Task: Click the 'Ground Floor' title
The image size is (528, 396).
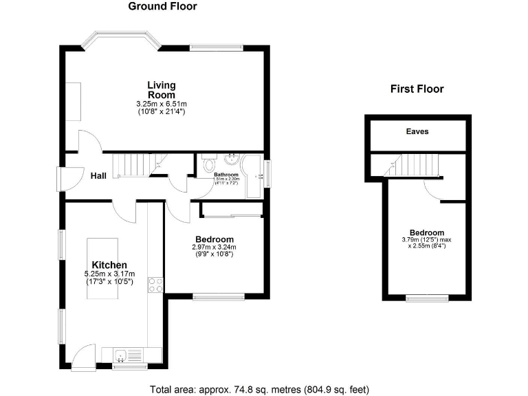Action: click(x=162, y=7)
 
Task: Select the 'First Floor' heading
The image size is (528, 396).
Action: click(x=417, y=89)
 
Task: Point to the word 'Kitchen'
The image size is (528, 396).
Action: click(x=109, y=265)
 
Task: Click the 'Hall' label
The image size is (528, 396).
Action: click(x=98, y=176)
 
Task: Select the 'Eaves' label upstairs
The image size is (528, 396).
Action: click(x=417, y=131)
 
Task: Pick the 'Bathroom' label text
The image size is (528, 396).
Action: click(x=226, y=175)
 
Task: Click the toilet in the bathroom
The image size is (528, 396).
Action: click(x=210, y=164)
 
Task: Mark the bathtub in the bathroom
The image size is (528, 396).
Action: click(x=254, y=175)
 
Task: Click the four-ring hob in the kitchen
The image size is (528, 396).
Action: click(x=155, y=285)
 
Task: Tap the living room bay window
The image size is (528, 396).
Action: click(x=122, y=40)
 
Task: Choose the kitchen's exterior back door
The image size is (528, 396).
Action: click(x=83, y=355)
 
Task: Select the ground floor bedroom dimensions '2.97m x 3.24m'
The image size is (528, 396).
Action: click(x=214, y=247)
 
